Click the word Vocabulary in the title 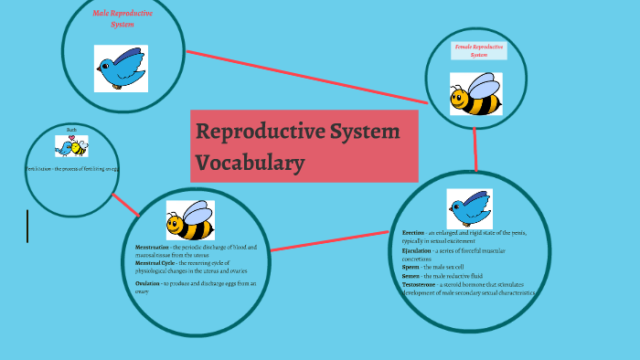click(x=249, y=164)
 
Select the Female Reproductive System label click(x=479, y=50)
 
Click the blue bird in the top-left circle click(x=121, y=69)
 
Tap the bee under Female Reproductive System click(x=475, y=94)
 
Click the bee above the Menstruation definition click(x=188, y=221)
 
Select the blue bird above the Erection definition click(x=469, y=208)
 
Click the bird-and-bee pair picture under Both click(x=71, y=146)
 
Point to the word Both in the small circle click(x=71, y=131)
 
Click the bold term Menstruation click(x=152, y=248)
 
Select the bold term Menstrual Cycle click(x=156, y=262)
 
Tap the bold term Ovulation click(x=147, y=284)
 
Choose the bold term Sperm click(x=411, y=267)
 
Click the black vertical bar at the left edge click(x=27, y=226)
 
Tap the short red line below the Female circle click(x=475, y=151)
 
